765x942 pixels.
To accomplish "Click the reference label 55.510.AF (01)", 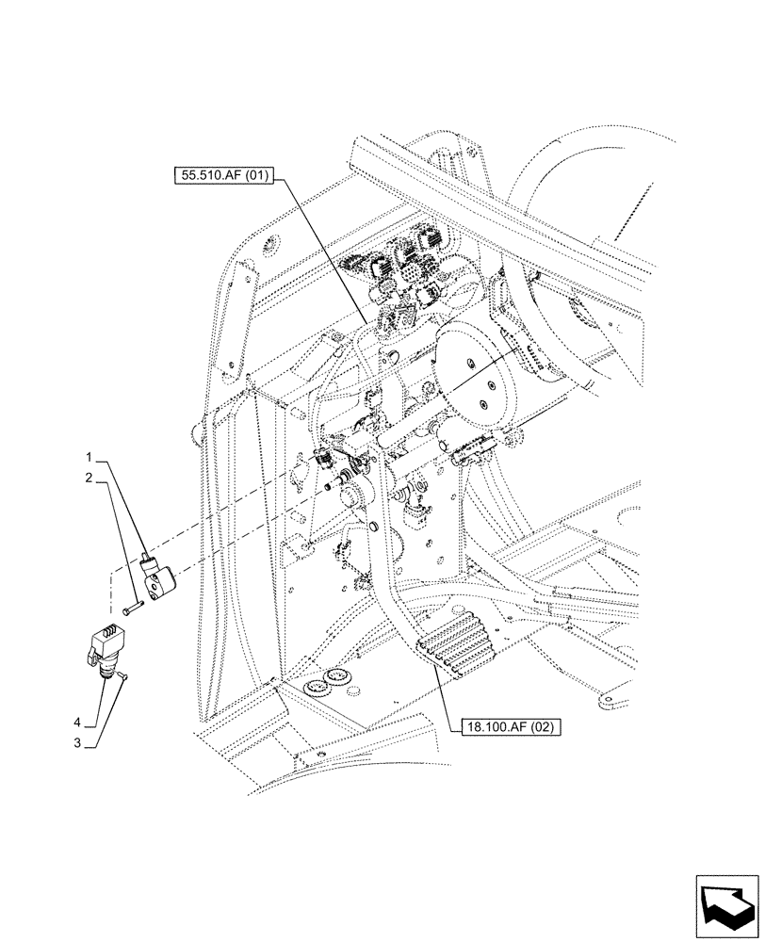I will pyautogui.click(x=222, y=175).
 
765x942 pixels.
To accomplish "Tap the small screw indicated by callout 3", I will pyautogui.click(x=124, y=675).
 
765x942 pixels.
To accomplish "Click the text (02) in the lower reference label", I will pyautogui.click(x=539, y=726).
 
